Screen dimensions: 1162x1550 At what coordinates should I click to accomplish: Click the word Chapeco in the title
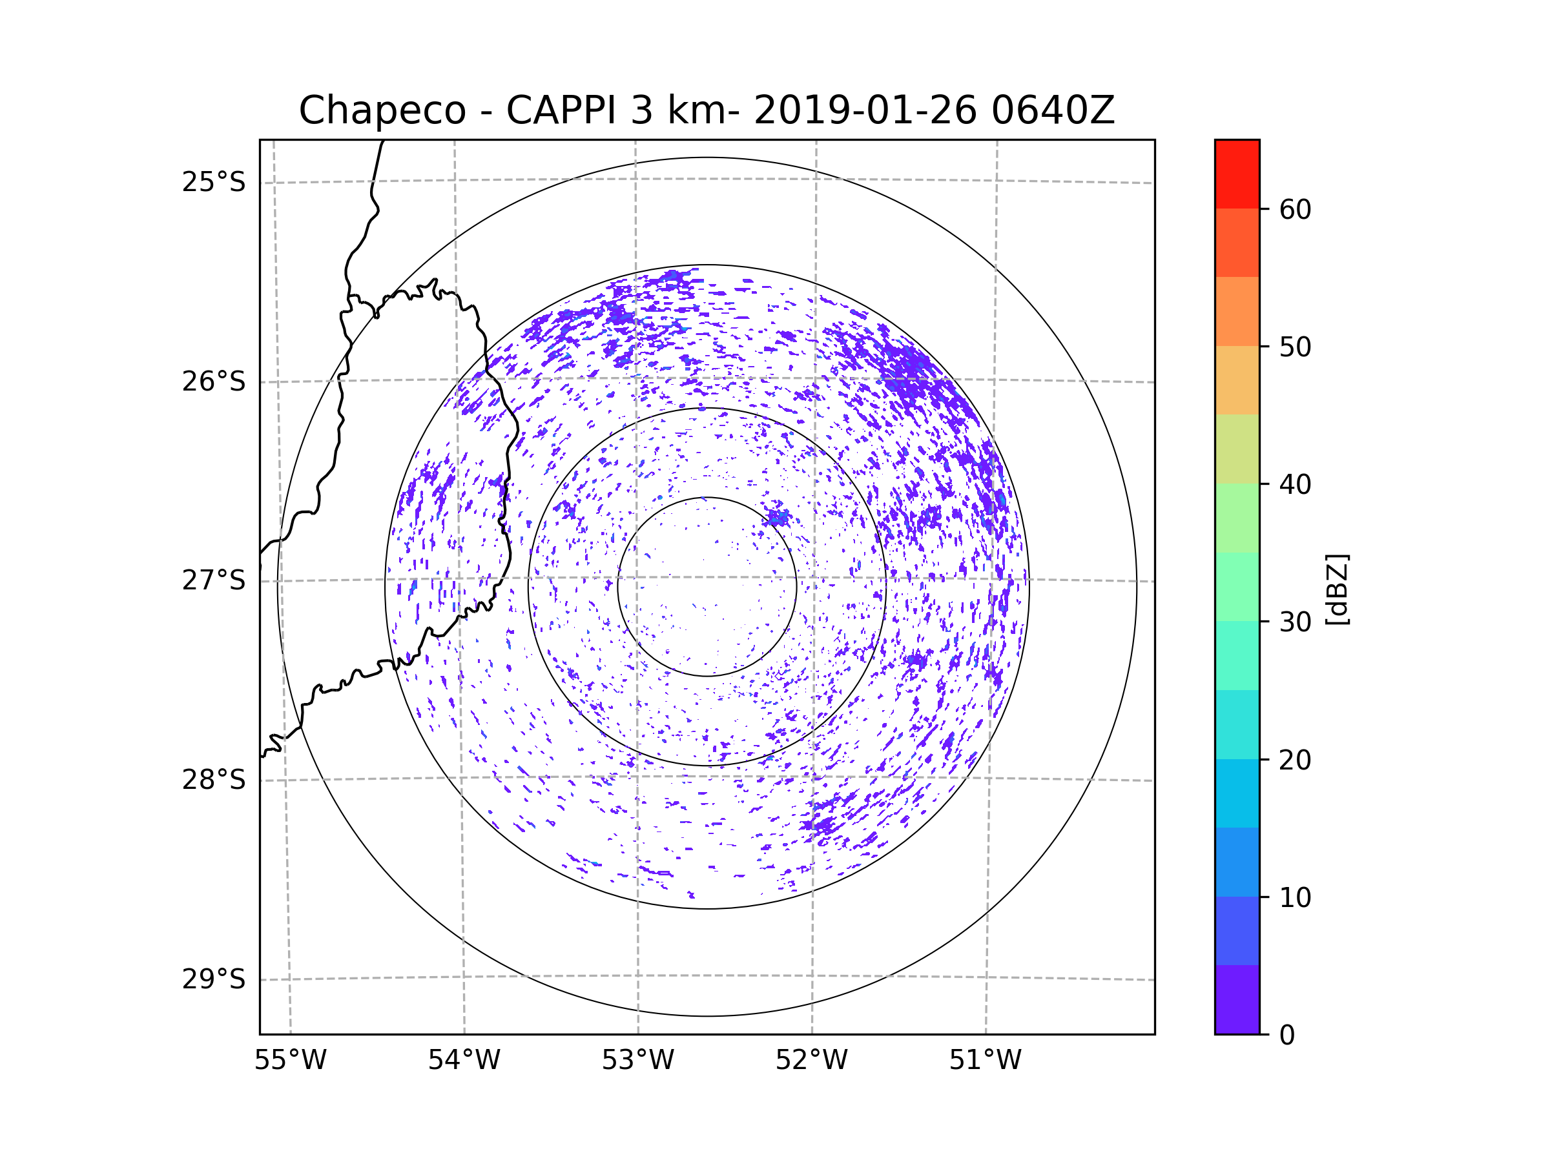tap(382, 110)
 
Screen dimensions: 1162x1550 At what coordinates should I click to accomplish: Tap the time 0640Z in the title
tap(1053, 110)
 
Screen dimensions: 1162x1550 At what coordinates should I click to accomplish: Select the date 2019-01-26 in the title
tap(865, 110)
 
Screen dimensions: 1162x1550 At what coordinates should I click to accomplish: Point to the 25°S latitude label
tap(214, 182)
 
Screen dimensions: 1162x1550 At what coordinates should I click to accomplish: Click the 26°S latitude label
tap(214, 382)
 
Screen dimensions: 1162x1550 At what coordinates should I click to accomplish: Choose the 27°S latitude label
tap(214, 580)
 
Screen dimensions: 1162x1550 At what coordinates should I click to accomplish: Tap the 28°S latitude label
tap(214, 780)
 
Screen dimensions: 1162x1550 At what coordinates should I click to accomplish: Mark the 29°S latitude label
tap(214, 979)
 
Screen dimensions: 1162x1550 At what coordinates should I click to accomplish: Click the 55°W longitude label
tap(290, 1061)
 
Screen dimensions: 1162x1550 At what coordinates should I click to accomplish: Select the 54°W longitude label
tap(464, 1061)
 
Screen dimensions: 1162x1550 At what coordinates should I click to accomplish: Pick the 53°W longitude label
tap(637, 1061)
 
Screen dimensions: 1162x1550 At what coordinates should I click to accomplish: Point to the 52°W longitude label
tap(811, 1061)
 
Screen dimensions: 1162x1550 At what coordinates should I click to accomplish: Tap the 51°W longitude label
tap(985, 1061)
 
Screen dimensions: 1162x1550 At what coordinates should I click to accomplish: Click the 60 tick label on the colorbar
tap(1295, 209)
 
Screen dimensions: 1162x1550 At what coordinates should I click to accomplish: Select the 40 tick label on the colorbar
tap(1295, 485)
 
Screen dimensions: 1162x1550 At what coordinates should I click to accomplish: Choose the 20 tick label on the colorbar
tap(1295, 760)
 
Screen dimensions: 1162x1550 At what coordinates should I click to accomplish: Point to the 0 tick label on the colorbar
tap(1287, 1035)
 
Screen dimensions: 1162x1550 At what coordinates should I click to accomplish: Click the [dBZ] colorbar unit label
tap(1337, 589)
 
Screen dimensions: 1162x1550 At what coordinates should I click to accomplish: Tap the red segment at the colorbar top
tap(1237, 174)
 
